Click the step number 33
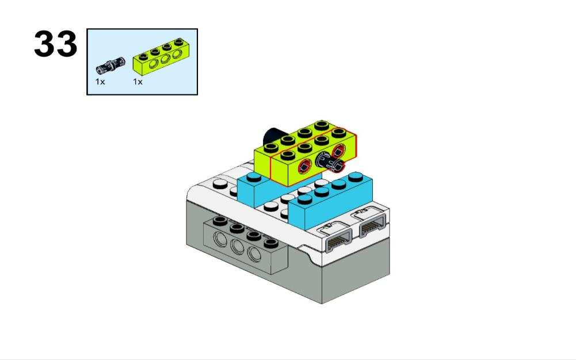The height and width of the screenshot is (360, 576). click(x=56, y=44)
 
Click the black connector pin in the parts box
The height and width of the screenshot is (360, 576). click(x=110, y=66)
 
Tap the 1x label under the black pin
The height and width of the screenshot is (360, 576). click(x=100, y=82)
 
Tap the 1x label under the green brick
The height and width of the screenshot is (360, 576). click(x=138, y=82)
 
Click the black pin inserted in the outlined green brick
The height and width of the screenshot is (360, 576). click(x=330, y=162)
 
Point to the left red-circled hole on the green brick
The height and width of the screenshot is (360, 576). click(x=304, y=166)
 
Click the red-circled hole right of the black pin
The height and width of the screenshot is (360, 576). click(x=339, y=151)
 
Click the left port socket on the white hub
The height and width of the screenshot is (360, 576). click(x=337, y=239)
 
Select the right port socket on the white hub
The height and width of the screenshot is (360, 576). click(x=372, y=225)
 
